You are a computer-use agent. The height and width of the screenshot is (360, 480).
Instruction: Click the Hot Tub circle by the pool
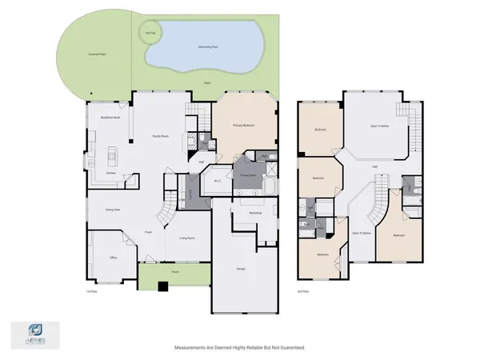(x=149, y=33)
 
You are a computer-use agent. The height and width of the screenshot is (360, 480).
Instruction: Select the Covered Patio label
(x=98, y=54)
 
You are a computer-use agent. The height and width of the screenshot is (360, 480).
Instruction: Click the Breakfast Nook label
(x=110, y=118)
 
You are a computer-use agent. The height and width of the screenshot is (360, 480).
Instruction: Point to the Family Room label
(x=160, y=136)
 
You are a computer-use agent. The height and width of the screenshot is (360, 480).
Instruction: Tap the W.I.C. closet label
(x=218, y=181)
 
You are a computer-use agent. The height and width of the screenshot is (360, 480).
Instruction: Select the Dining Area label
(x=113, y=210)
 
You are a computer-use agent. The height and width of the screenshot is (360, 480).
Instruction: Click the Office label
(x=114, y=258)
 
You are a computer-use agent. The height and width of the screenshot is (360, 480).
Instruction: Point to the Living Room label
(x=186, y=238)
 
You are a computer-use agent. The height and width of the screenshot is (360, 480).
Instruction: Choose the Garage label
(x=240, y=269)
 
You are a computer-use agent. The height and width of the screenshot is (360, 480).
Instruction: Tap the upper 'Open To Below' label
(x=379, y=126)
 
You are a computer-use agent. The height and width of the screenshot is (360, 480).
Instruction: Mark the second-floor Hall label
(x=374, y=166)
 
